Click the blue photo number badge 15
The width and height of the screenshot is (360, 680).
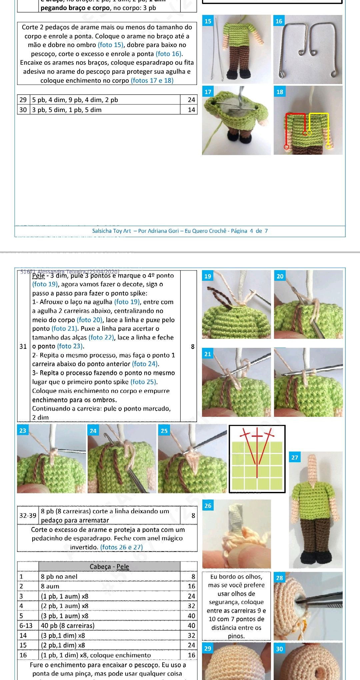(208, 21)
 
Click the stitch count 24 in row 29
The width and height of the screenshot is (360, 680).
(191, 100)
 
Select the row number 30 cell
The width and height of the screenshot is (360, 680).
(23, 110)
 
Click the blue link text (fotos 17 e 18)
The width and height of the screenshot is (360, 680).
(152, 80)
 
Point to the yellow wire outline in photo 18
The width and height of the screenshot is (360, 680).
(319, 114)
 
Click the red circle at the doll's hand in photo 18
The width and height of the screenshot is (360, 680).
(286, 147)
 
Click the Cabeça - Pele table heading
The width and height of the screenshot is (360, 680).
(109, 567)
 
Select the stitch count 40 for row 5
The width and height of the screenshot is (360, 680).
(191, 616)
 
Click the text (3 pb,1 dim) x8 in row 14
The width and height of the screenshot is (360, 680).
(63, 635)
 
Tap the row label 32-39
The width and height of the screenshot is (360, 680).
(28, 516)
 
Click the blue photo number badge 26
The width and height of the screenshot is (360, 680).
(208, 506)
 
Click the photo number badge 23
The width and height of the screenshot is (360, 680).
(22, 430)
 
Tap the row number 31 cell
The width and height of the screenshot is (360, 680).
(23, 346)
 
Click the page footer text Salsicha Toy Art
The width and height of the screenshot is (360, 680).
(111, 231)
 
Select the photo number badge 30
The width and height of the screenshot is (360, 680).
(279, 649)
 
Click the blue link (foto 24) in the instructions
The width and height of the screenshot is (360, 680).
(145, 364)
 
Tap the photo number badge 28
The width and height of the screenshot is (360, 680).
(279, 578)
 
